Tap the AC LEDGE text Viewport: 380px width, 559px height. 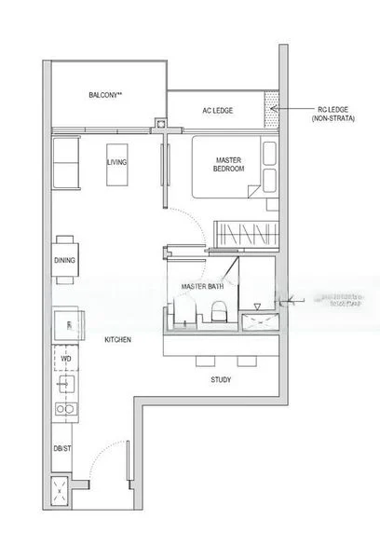(x=217, y=111)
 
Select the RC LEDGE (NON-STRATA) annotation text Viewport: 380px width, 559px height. (x=325, y=112)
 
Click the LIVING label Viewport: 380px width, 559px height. (x=117, y=162)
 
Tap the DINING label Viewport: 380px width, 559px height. (x=64, y=261)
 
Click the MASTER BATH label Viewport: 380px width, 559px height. (x=200, y=286)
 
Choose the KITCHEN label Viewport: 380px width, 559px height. (x=117, y=340)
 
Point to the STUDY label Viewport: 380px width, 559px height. (x=221, y=380)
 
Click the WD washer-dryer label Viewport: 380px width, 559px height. (x=66, y=357)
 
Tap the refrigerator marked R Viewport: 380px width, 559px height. (x=69, y=324)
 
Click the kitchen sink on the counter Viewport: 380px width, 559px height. (x=65, y=383)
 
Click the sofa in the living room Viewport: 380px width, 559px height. (x=67, y=162)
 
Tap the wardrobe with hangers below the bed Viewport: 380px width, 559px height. (x=245, y=232)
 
